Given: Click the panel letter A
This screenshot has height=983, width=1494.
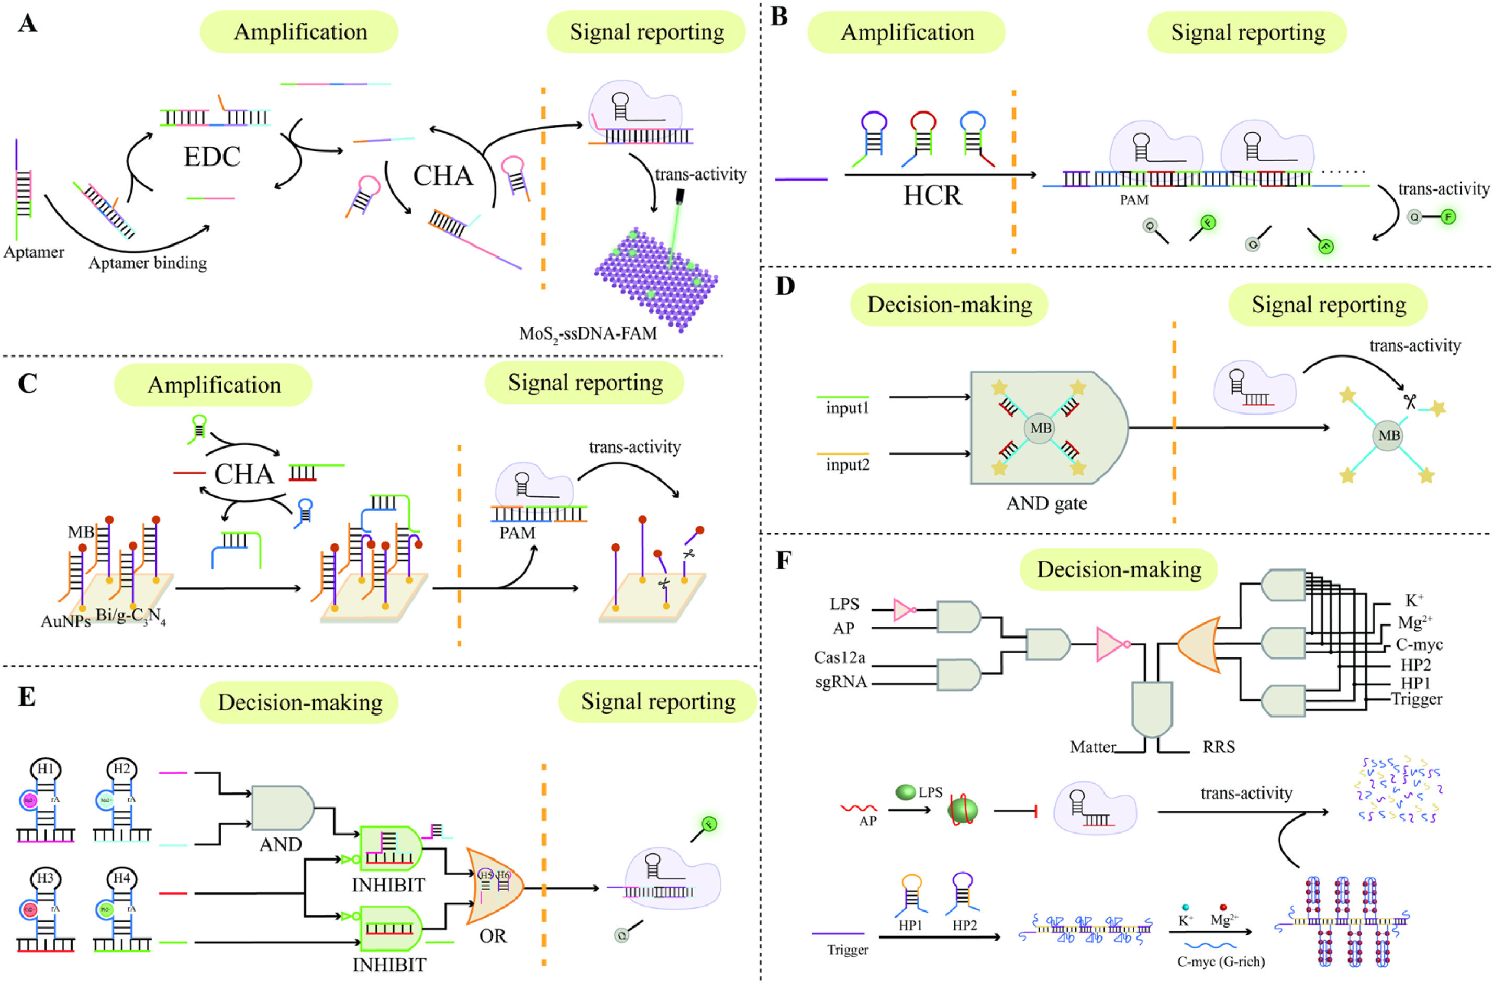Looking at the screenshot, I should (x=27, y=24).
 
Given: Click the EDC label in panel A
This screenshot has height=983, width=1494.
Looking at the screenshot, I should (x=211, y=157).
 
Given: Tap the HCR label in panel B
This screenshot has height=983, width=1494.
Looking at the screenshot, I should (x=932, y=196).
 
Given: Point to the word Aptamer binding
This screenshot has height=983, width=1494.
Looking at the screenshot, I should (x=148, y=263).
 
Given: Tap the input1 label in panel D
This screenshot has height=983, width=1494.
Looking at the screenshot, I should (x=848, y=408).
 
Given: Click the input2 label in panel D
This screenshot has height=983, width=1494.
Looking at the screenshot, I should (x=848, y=465).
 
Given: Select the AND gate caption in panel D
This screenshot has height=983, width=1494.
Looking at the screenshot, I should (x=1046, y=504).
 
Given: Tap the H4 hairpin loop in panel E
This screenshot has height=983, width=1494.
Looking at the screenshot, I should (x=122, y=878).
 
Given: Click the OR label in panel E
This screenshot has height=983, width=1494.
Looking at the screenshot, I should (x=493, y=936).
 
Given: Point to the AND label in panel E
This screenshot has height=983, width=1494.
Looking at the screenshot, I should (x=281, y=844).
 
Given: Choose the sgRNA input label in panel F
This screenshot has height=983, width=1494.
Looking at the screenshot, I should (x=841, y=682).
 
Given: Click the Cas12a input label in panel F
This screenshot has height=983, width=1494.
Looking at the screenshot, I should (x=839, y=657).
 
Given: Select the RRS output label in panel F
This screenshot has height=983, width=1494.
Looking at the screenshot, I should (x=1219, y=747).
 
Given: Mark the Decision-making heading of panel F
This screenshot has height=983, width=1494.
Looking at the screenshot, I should (x=1119, y=569).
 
